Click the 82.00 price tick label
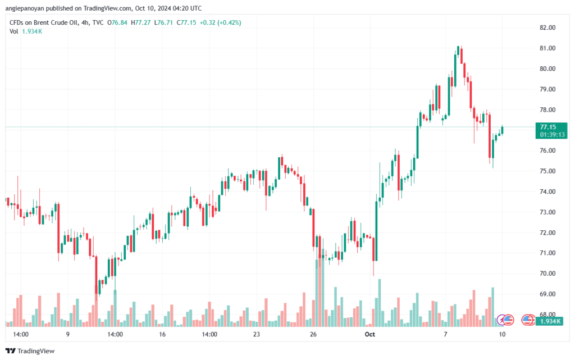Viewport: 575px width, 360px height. click(547, 28)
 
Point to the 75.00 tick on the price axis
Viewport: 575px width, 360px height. click(547, 171)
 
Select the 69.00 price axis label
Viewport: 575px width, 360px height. click(547, 294)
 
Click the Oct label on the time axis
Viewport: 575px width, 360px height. click(369, 334)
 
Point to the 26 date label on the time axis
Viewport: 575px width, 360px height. click(313, 334)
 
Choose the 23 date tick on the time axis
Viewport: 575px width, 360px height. click(257, 334)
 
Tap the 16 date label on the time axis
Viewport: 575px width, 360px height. click(162, 334)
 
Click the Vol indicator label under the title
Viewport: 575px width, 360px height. click(15, 31)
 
